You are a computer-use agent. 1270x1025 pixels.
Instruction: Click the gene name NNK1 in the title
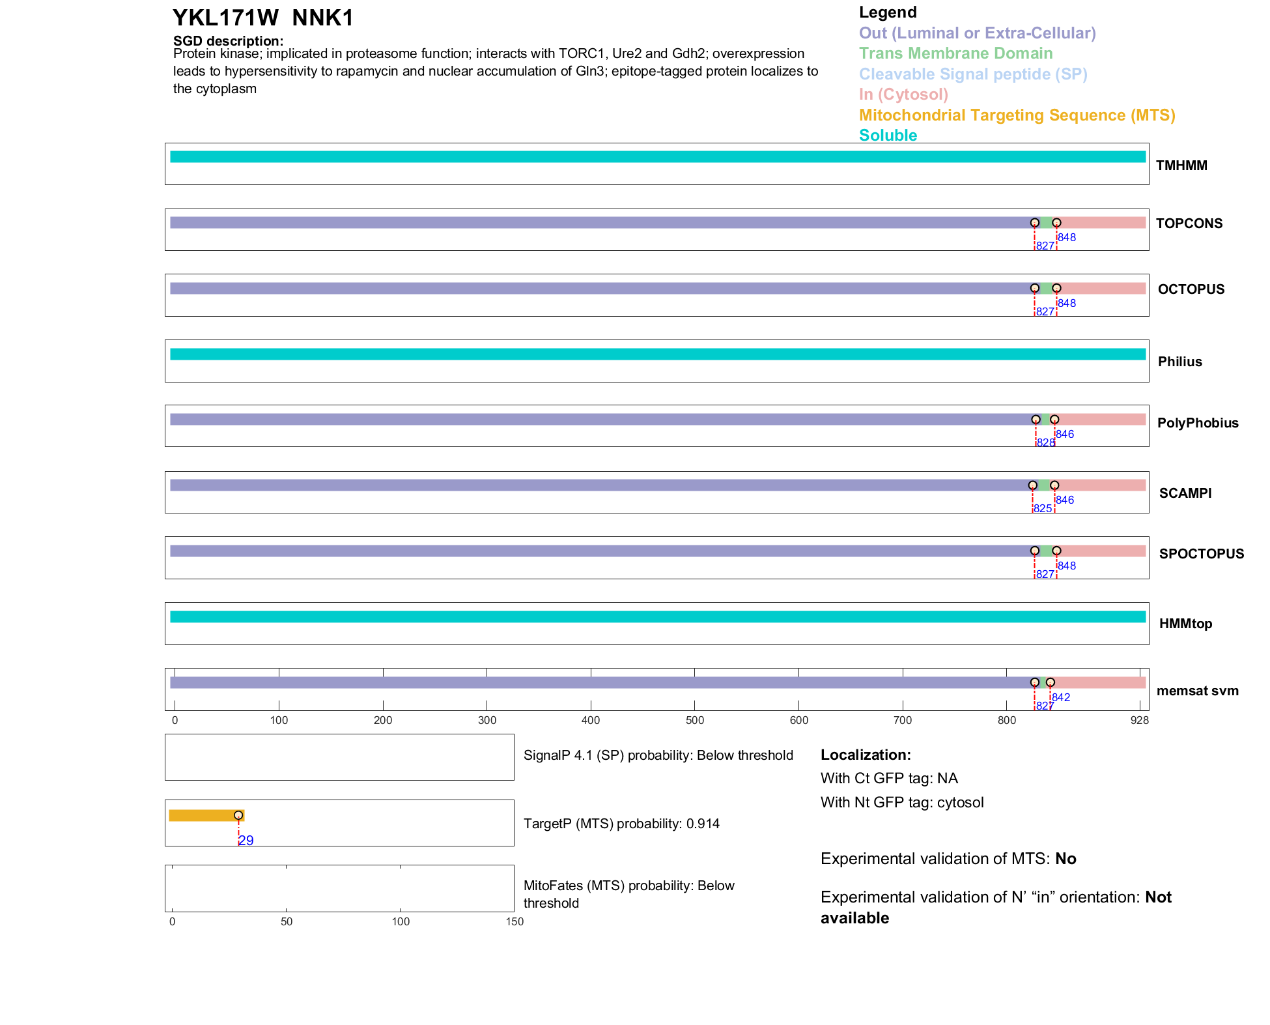[322, 18]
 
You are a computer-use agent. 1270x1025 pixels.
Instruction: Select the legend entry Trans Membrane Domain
[955, 53]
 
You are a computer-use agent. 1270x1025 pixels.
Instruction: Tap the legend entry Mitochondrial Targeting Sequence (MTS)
[1017, 115]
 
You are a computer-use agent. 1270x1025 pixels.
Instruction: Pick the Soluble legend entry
[888, 136]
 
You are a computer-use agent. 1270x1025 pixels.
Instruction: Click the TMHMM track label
[1181, 166]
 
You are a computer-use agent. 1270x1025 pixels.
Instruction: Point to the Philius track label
[1179, 362]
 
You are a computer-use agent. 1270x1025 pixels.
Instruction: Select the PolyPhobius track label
[1197, 423]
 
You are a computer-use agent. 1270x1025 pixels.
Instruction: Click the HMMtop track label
[1185, 624]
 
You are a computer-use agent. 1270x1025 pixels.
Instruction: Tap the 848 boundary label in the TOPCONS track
[1067, 237]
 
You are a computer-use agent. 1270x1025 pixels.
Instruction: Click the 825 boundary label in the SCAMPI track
[1042, 508]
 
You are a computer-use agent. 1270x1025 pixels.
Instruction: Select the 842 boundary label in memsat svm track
[1061, 697]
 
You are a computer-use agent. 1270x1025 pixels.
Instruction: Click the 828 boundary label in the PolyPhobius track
[1045, 442]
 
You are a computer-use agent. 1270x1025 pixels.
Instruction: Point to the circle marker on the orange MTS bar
[238, 815]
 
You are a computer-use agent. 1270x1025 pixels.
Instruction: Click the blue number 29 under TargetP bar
[246, 841]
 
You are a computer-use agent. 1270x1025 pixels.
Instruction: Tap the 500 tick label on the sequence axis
[695, 720]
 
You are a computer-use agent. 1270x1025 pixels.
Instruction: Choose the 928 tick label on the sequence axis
[1139, 720]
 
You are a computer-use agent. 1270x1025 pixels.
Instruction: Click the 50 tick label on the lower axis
[287, 921]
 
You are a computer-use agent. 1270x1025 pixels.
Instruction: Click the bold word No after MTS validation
[1065, 859]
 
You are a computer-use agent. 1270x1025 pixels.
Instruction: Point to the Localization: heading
[866, 755]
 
